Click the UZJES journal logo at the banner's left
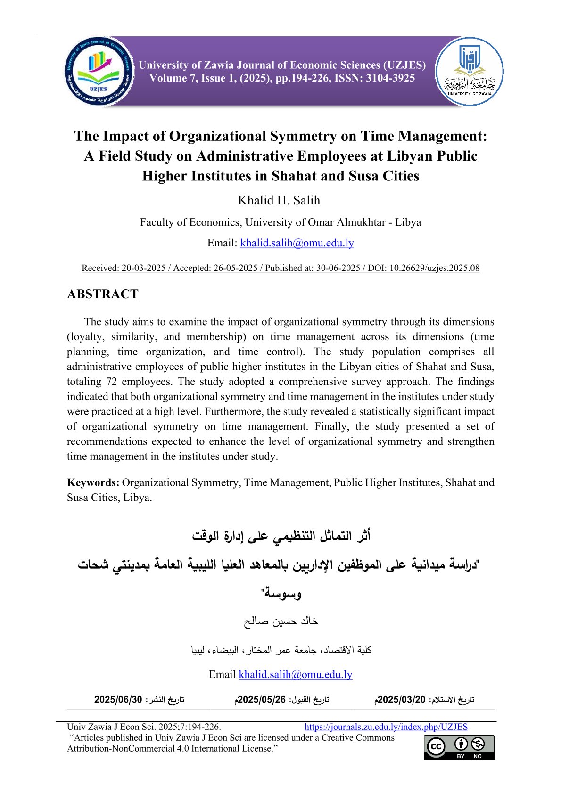[99, 71]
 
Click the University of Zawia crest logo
[469, 71]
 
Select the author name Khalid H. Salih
[279, 200]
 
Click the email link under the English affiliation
[297, 243]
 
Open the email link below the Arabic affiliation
[296, 674]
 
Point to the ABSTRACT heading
[103, 294]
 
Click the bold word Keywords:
[93, 482]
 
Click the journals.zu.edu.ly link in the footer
[386, 727]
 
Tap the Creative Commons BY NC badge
[459, 747]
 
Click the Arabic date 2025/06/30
[118, 700]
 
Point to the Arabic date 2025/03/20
[402, 700]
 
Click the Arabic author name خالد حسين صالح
[281, 621]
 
